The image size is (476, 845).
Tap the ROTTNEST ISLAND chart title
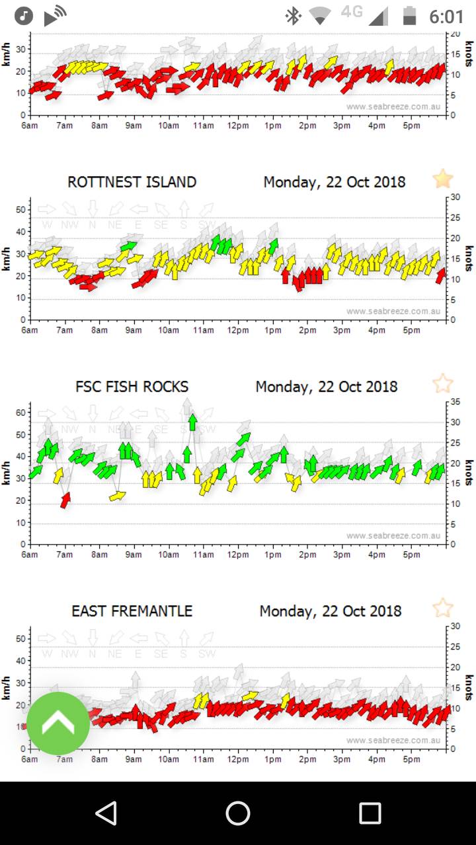(x=132, y=182)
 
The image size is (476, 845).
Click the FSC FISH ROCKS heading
(x=132, y=387)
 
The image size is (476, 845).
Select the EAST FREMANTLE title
(x=132, y=611)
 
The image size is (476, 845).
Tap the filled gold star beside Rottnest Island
(x=442, y=179)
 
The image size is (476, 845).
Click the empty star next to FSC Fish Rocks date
(x=442, y=384)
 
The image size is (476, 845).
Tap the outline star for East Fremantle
(x=442, y=608)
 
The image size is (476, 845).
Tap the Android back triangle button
(x=106, y=813)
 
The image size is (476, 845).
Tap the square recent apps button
(x=370, y=813)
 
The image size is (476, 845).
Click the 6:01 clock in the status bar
(x=446, y=17)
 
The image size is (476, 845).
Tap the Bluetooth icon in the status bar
(x=293, y=16)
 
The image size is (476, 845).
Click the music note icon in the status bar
(x=24, y=16)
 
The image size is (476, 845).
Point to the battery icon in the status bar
(x=411, y=16)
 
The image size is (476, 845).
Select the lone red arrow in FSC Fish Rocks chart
(x=65, y=500)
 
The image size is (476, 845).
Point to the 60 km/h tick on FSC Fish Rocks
(x=20, y=413)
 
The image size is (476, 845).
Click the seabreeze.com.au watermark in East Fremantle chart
(x=393, y=741)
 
